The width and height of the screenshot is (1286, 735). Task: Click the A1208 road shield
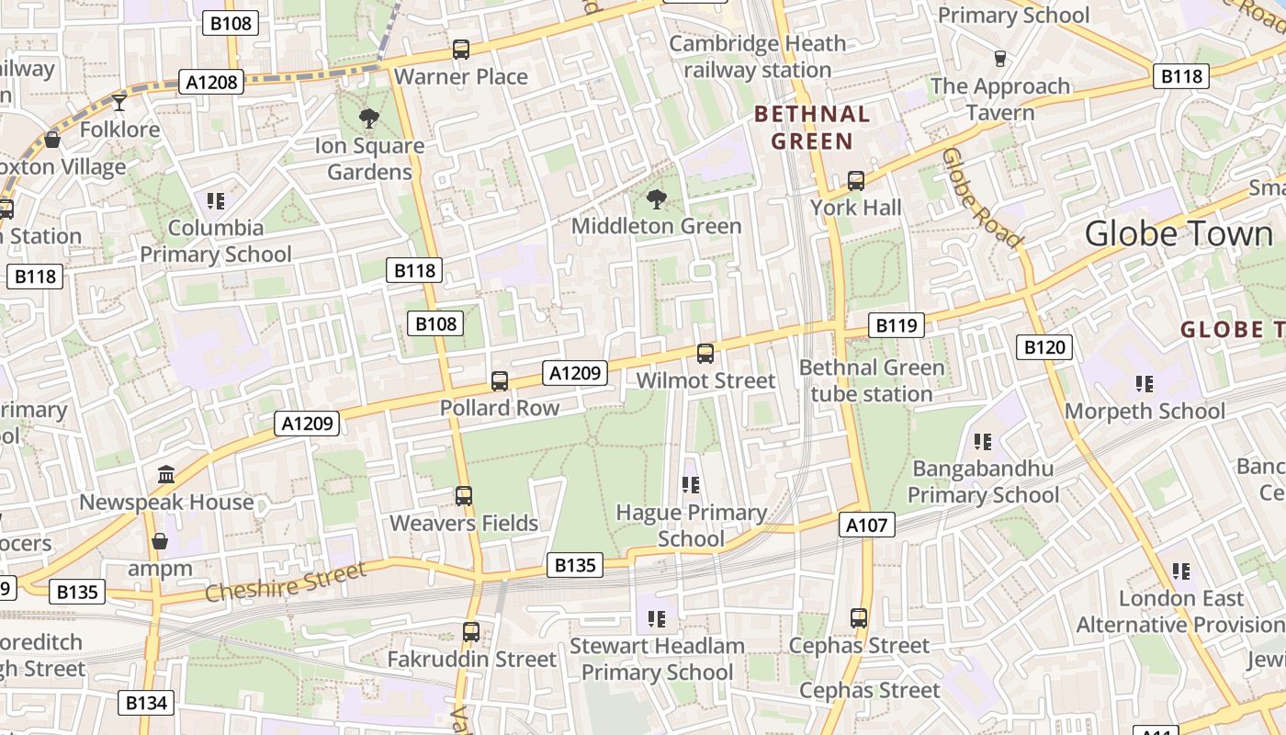click(x=212, y=82)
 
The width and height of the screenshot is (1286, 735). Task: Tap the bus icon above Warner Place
click(x=461, y=50)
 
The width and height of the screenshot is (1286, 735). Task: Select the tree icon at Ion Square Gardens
click(x=369, y=118)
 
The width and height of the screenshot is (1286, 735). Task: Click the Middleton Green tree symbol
click(x=656, y=198)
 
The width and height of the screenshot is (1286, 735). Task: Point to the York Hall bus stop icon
click(x=856, y=181)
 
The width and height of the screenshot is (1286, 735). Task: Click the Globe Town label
click(x=1179, y=233)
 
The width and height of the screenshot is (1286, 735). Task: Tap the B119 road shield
click(x=897, y=324)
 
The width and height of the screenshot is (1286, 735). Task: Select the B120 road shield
click(x=1044, y=346)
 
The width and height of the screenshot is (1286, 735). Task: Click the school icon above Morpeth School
click(x=1144, y=383)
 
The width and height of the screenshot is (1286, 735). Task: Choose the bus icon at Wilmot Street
click(x=705, y=353)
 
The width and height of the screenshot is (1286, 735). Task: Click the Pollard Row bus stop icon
click(x=500, y=380)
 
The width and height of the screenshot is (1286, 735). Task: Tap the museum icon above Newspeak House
click(x=166, y=474)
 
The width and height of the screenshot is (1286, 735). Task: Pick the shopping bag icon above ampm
click(x=160, y=541)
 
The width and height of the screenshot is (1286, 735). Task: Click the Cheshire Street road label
click(x=285, y=582)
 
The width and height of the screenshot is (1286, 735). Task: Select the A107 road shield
click(x=866, y=525)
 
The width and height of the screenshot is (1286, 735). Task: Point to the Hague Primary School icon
click(x=691, y=484)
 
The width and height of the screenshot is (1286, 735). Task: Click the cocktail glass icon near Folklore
click(x=118, y=101)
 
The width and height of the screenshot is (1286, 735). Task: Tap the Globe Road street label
click(x=982, y=198)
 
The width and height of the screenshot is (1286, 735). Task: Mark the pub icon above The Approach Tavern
click(x=1000, y=59)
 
